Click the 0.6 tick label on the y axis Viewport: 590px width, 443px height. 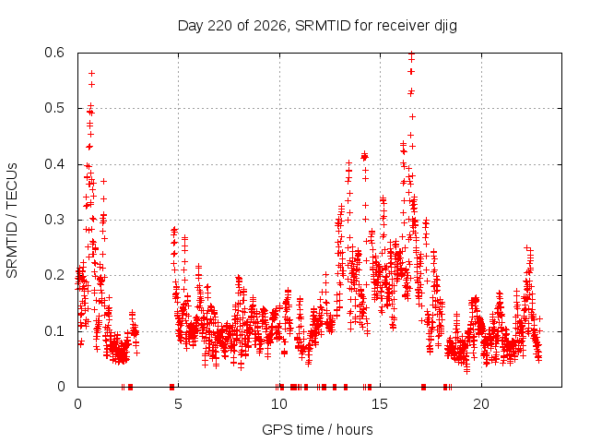(x=54, y=53)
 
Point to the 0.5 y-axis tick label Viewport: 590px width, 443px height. (x=54, y=108)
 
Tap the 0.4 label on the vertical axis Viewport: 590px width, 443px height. (x=54, y=164)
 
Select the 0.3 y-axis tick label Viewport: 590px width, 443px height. (x=54, y=220)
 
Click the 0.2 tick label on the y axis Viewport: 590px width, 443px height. (x=54, y=275)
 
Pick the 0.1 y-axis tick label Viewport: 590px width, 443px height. (x=54, y=331)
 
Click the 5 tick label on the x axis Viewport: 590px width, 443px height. (x=178, y=404)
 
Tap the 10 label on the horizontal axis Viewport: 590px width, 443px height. (x=279, y=404)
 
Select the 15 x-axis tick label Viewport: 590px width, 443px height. (x=380, y=404)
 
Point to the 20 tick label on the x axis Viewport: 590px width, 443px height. (x=481, y=404)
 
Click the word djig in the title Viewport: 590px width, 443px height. (x=446, y=26)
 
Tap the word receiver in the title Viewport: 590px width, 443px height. (x=404, y=26)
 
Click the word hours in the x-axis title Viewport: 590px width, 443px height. (x=354, y=430)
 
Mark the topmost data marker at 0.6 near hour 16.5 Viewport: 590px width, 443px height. (x=412, y=54)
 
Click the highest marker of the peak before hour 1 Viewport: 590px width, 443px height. (x=91, y=74)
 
